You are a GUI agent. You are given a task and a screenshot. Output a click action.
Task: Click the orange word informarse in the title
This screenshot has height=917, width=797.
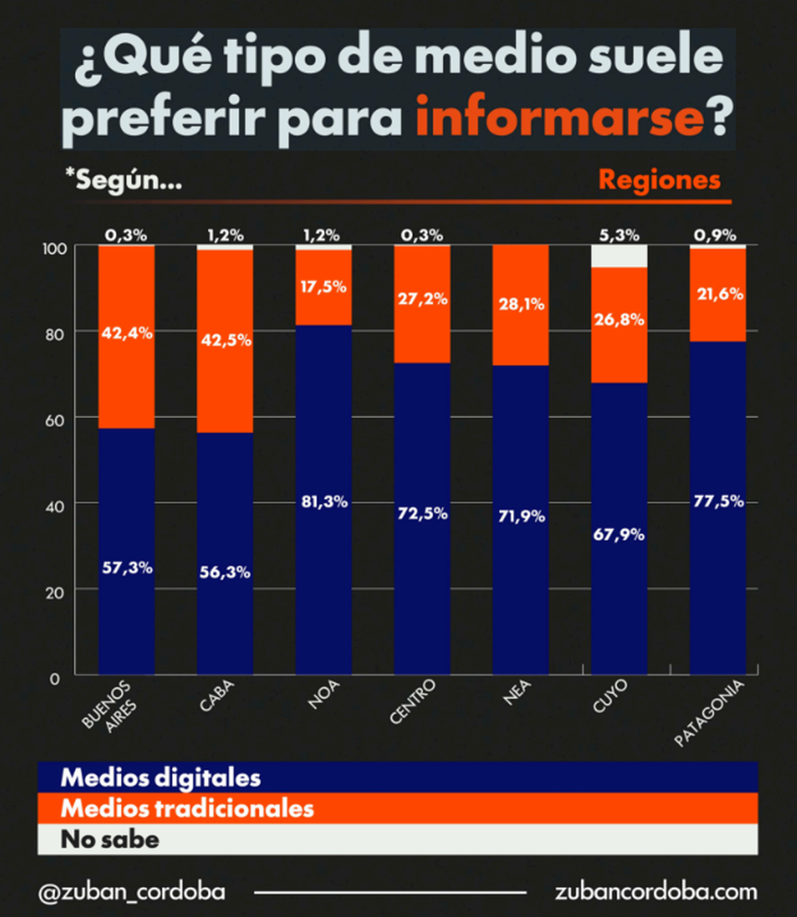[x=560, y=116]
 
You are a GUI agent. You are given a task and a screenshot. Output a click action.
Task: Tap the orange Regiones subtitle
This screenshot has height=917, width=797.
[x=660, y=181]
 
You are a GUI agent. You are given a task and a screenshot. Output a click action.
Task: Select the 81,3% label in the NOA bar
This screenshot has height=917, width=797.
[x=324, y=501]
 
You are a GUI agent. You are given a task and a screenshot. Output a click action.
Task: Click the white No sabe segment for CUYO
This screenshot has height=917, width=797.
[x=619, y=256]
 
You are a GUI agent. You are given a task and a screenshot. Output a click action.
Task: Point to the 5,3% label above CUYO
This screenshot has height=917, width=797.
[x=619, y=235]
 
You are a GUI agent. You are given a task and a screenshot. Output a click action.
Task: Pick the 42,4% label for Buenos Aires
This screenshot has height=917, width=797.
[x=127, y=333]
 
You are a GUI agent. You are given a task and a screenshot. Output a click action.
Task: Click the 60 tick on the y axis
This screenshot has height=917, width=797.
[x=54, y=420]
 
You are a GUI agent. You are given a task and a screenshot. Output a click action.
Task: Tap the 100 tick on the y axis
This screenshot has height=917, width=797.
[x=54, y=249]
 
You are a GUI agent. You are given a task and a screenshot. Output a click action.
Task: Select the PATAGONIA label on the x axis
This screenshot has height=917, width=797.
[x=709, y=714]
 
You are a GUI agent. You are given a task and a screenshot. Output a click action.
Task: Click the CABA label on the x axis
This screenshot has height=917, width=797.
[x=217, y=695]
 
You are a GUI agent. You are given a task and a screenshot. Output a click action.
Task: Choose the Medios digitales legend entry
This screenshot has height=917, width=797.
[x=161, y=778]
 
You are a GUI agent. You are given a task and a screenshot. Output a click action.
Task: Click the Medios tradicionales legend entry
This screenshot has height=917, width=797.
[x=187, y=809]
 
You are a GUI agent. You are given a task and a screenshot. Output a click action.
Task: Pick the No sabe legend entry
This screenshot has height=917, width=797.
[x=110, y=839]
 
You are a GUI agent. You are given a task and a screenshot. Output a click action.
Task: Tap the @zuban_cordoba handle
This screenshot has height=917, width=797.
[x=132, y=892]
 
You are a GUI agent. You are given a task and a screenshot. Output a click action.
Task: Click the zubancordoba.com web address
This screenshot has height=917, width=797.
[x=656, y=892]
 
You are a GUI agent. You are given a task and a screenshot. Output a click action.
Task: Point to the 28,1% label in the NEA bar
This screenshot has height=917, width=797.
[x=521, y=304]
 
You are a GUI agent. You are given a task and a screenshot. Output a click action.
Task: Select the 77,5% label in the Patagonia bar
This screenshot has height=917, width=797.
[x=719, y=501]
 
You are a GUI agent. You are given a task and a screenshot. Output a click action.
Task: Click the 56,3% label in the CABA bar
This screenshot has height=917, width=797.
[x=225, y=572]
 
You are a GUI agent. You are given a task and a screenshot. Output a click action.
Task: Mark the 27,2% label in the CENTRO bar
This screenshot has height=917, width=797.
[x=422, y=299]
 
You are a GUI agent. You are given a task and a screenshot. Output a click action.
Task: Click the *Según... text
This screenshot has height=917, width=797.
[x=124, y=180]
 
